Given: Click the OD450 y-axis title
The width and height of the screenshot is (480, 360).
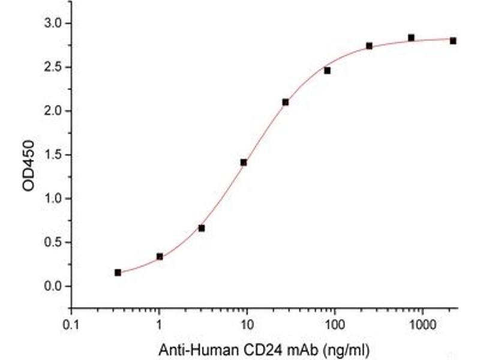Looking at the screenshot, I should coord(28,165).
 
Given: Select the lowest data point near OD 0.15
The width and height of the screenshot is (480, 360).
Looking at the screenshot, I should coord(118,272).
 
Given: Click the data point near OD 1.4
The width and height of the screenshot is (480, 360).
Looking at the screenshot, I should coord(244,162).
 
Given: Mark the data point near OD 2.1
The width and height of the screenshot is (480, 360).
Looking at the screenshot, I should coord(286,102).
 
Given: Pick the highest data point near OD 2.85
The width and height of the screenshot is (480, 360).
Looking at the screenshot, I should coord(411,38).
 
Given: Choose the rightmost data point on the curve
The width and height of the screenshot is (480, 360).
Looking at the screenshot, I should coord(453,41).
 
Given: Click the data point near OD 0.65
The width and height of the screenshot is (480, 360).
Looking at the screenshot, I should coord(202,228).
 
